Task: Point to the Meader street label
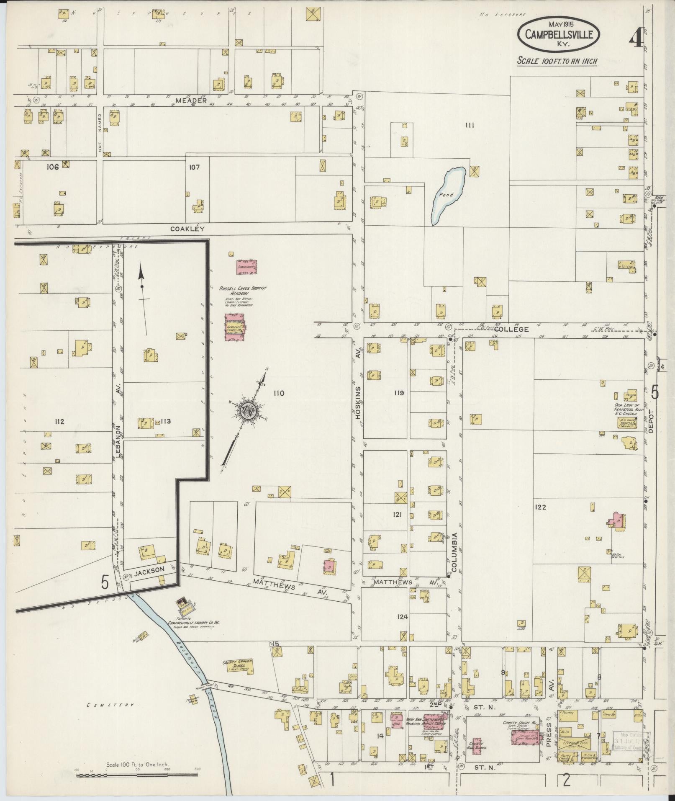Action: pos(192,100)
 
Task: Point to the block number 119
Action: pos(398,393)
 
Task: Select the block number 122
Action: pos(540,507)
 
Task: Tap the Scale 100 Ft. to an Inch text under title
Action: pos(557,61)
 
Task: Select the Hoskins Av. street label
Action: pos(358,402)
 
